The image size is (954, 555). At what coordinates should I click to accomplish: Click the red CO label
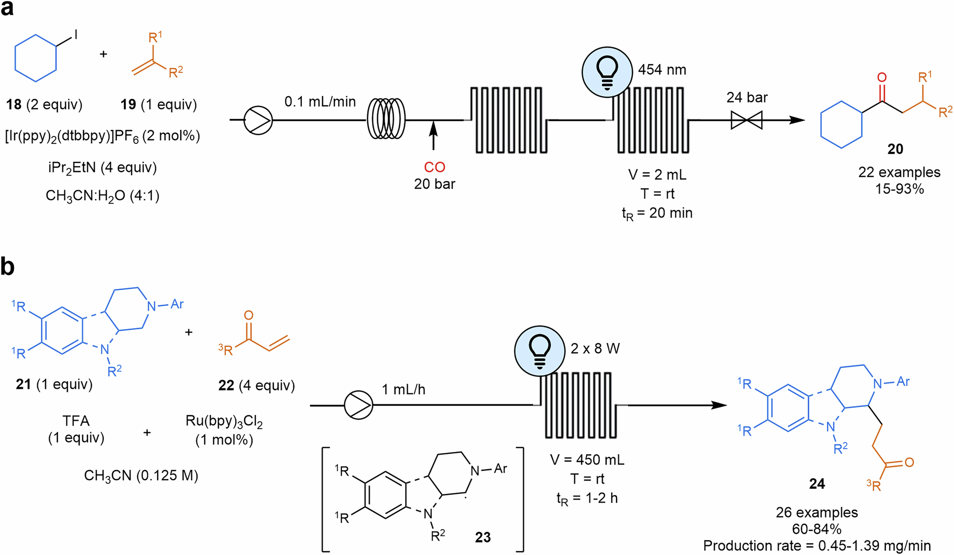(x=434, y=167)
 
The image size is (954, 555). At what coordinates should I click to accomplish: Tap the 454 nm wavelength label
(x=662, y=70)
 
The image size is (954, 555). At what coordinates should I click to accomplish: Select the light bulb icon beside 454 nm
(x=607, y=72)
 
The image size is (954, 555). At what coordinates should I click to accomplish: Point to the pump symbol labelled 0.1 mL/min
(x=258, y=120)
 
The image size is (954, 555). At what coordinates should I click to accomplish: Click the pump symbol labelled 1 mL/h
(x=358, y=405)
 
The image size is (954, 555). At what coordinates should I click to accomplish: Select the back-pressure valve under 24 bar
(x=747, y=120)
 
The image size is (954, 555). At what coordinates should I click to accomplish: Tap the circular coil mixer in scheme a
(x=385, y=120)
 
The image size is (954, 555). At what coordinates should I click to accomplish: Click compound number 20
(x=895, y=149)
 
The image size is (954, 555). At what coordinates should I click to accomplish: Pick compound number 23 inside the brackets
(x=483, y=537)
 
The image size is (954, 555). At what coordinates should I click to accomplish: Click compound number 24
(x=817, y=484)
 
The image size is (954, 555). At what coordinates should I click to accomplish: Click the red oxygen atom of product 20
(x=881, y=77)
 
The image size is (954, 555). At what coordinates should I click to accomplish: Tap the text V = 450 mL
(x=587, y=460)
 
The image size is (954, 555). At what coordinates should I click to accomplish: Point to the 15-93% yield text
(x=899, y=189)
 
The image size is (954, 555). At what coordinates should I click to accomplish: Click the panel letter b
(x=8, y=267)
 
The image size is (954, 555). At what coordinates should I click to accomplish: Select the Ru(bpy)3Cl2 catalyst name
(x=224, y=421)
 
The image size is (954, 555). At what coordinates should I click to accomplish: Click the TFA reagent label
(x=76, y=421)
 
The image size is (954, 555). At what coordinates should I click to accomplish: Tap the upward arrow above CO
(x=433, y=136)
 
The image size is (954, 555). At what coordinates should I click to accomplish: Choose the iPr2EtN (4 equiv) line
(x=102, y=167)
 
